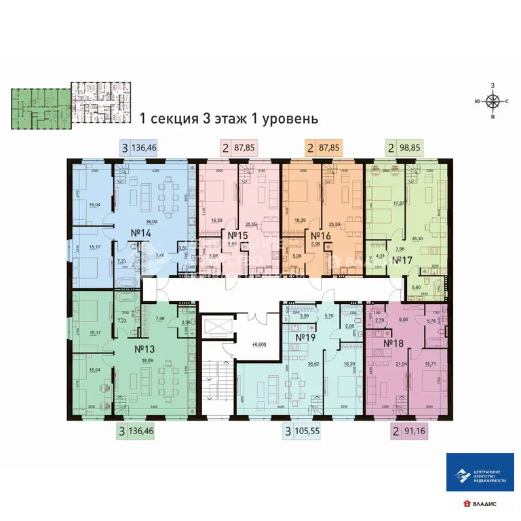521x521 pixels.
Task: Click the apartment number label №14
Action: tap(140, 233)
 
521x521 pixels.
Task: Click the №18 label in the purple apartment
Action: tap(393, 343)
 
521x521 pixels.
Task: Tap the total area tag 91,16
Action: tap(414, 429)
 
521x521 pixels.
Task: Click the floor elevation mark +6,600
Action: tap(257, 345)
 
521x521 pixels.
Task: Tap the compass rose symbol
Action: tap(493, 102)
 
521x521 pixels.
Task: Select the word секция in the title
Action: tap(173, 119)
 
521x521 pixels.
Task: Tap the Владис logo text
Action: tap(484, 503)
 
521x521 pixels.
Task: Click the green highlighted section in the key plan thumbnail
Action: tap(40, 107)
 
